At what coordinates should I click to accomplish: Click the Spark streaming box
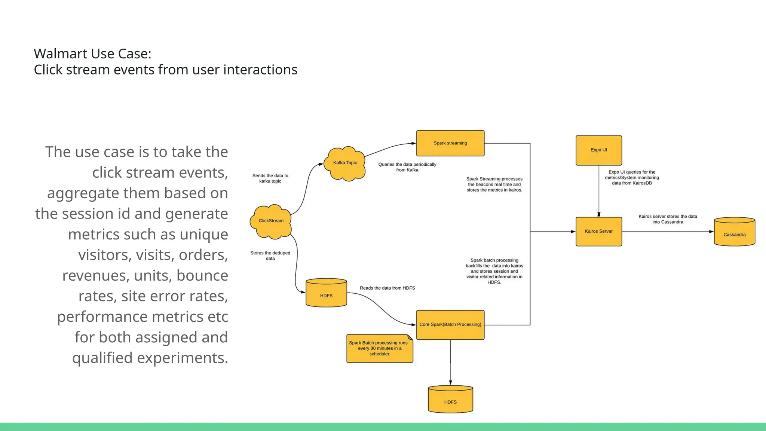(x=450, y=143)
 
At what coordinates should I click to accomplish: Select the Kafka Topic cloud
(x=344, y=163)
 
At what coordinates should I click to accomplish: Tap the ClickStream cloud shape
(x=271, y=221)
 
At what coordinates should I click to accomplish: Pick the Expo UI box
(x=598, y=150)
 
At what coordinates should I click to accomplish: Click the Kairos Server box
(x=598, y=232)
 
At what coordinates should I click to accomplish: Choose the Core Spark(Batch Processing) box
(x=450, y=325)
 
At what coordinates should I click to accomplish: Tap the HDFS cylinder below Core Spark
(x=450, y=400)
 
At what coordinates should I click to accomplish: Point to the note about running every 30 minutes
(x=379, y=348)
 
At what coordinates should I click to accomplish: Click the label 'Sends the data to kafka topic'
(x=270, y=178)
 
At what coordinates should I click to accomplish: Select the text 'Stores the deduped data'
(x=270, y=256)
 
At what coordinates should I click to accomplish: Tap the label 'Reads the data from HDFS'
(x=387, y=288)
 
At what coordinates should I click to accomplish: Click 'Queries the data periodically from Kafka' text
(x=407, y=167)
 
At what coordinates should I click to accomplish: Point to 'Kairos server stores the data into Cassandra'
(x=668, y=219)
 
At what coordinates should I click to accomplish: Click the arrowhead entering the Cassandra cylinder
(x=711, y=232)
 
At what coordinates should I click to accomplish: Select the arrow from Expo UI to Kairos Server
(x=599, y=191)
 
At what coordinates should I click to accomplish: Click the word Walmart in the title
(x=56, y=54)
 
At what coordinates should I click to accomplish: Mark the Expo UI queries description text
(x=632, y=178)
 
